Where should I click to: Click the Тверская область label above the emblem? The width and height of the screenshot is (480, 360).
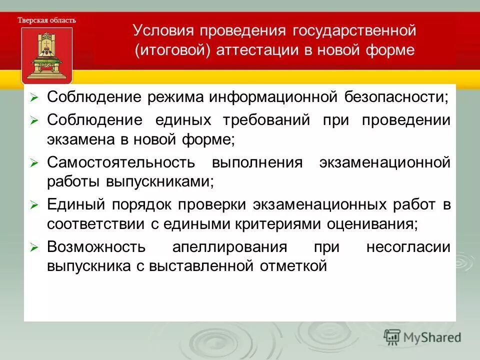coord(47,20)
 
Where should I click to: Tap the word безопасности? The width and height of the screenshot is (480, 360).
coord(396,97)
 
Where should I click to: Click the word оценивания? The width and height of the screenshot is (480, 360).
coord(372,224)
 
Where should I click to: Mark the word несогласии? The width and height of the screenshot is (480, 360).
coord(408,247)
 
